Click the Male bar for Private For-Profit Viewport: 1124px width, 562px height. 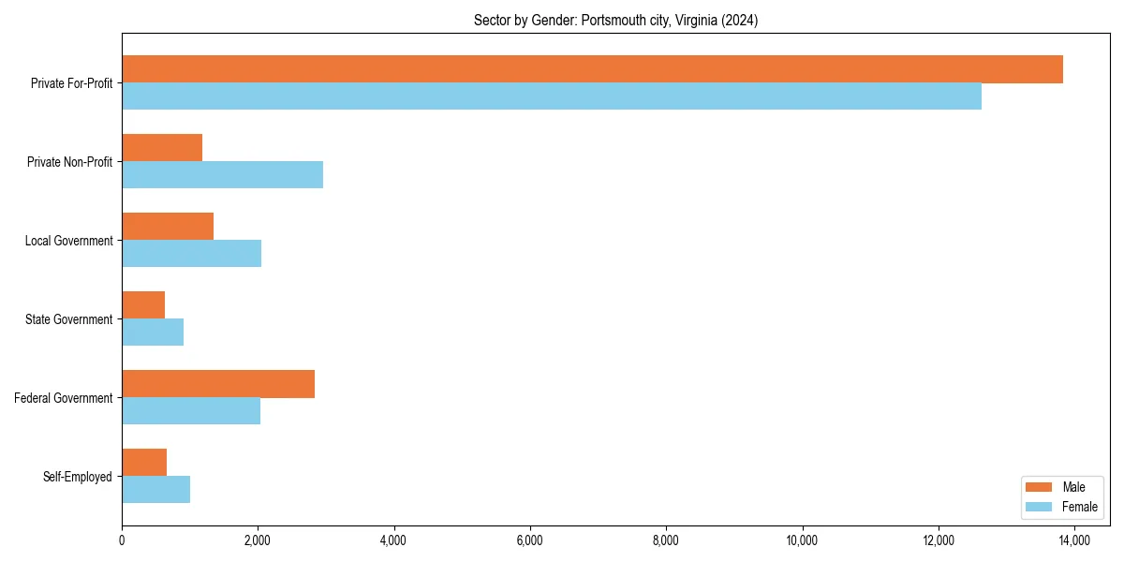[x=592, y=69]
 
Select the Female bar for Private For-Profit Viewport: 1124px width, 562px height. [x=552, y=96]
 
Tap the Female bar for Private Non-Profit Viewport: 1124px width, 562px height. [x=222, y=174]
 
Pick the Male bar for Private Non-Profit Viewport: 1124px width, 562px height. [x=162, y=148]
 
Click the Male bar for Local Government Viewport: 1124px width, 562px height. [x=168, y=227]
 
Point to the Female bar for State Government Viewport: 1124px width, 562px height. [x=153, y=332]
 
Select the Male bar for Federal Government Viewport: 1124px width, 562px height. [x=218, y=384]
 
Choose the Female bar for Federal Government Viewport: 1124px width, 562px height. [x=191, y=410]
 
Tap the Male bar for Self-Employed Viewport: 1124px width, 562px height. [x=144, y=463]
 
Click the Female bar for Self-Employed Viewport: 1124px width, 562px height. [x=155, y=489]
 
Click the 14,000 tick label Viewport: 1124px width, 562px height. [x=1074, y=540]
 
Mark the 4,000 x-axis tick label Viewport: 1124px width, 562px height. [x=393, y=540]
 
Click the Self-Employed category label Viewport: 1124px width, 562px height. [x=78, y=477]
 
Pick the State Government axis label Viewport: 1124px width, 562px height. [x=69, y=319]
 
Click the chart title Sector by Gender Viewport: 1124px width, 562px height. [x=615, y=21]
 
